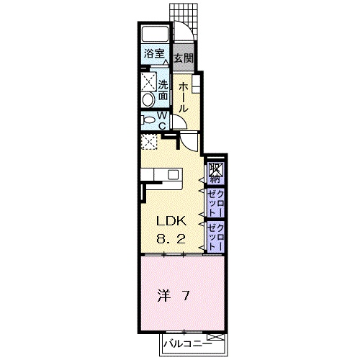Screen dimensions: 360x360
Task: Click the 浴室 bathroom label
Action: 154,53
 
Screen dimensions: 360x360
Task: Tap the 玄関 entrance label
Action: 184,58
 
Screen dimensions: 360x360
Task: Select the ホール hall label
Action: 184,97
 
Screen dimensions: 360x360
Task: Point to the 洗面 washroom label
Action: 163,90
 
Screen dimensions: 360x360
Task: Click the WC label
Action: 162,120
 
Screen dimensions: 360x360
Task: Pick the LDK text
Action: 171,221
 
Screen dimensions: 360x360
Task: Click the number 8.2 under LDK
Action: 171,239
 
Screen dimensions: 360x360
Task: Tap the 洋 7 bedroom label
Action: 174,296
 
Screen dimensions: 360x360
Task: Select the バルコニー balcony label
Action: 188,345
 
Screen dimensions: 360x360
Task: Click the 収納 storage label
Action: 215,174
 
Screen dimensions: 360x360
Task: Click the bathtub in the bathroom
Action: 155,34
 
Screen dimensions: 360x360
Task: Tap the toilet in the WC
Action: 148,120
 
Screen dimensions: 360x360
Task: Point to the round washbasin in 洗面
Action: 148,100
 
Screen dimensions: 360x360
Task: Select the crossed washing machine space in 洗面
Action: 148,81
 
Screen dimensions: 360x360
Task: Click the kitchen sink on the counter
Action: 173,174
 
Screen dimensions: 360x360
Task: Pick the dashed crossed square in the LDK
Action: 149,142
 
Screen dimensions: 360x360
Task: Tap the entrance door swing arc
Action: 190,27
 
